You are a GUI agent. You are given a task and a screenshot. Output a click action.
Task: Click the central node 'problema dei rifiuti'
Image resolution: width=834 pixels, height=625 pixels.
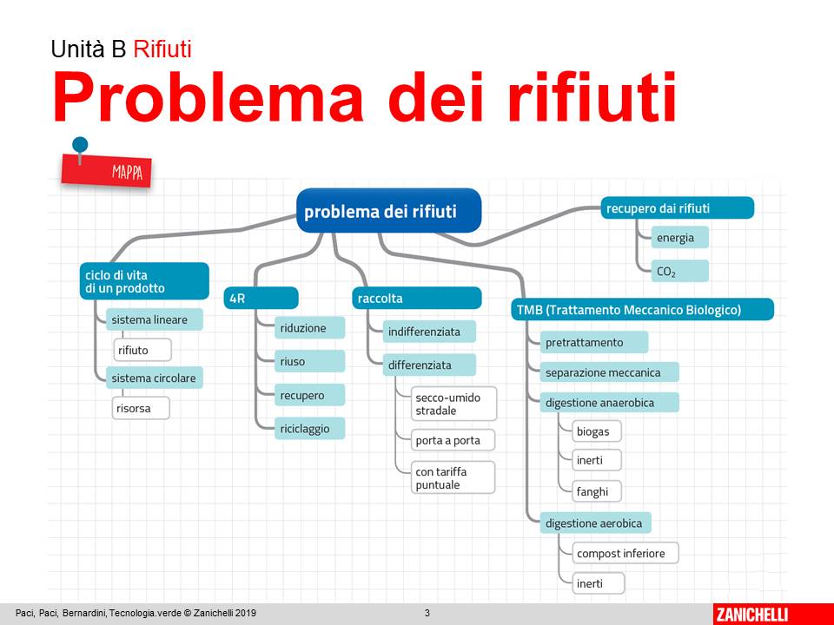(388, 211)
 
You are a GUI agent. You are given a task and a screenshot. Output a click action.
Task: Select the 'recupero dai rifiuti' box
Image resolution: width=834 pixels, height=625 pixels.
(677, 208)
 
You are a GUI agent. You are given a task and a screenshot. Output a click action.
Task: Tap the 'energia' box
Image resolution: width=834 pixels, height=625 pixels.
(679, 237)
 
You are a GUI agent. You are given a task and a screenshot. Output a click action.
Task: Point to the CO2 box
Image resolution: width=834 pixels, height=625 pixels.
(679, 271)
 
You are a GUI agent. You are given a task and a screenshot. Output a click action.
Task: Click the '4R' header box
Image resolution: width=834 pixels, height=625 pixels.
(261, 298)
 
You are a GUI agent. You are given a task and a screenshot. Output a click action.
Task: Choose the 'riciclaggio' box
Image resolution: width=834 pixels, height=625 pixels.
(309, 428)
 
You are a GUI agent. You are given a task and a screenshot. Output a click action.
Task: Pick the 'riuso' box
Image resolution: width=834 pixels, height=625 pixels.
(309, 361)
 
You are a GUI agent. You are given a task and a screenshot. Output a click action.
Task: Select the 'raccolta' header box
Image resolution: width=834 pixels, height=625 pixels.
(417, 298)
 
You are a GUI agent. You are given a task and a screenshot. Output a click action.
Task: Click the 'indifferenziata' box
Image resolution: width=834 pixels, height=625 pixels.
(429, 332)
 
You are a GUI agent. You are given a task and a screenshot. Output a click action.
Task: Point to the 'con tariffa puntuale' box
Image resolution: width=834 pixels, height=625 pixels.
(453, 477)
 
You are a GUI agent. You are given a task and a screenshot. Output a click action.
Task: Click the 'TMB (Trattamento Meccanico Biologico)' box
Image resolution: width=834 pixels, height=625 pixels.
(641, 309)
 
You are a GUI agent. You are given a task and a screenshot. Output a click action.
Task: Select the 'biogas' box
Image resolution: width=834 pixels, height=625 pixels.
(597, 431)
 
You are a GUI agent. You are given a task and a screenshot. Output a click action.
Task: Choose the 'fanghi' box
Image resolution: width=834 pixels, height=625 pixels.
(597, 491)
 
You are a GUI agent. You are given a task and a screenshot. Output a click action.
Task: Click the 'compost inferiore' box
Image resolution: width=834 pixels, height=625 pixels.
(624, 553)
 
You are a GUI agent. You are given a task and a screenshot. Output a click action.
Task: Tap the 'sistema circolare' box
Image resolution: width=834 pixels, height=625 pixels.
(154, 378)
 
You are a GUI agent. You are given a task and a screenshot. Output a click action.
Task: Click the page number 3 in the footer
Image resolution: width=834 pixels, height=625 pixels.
(427, 614)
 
